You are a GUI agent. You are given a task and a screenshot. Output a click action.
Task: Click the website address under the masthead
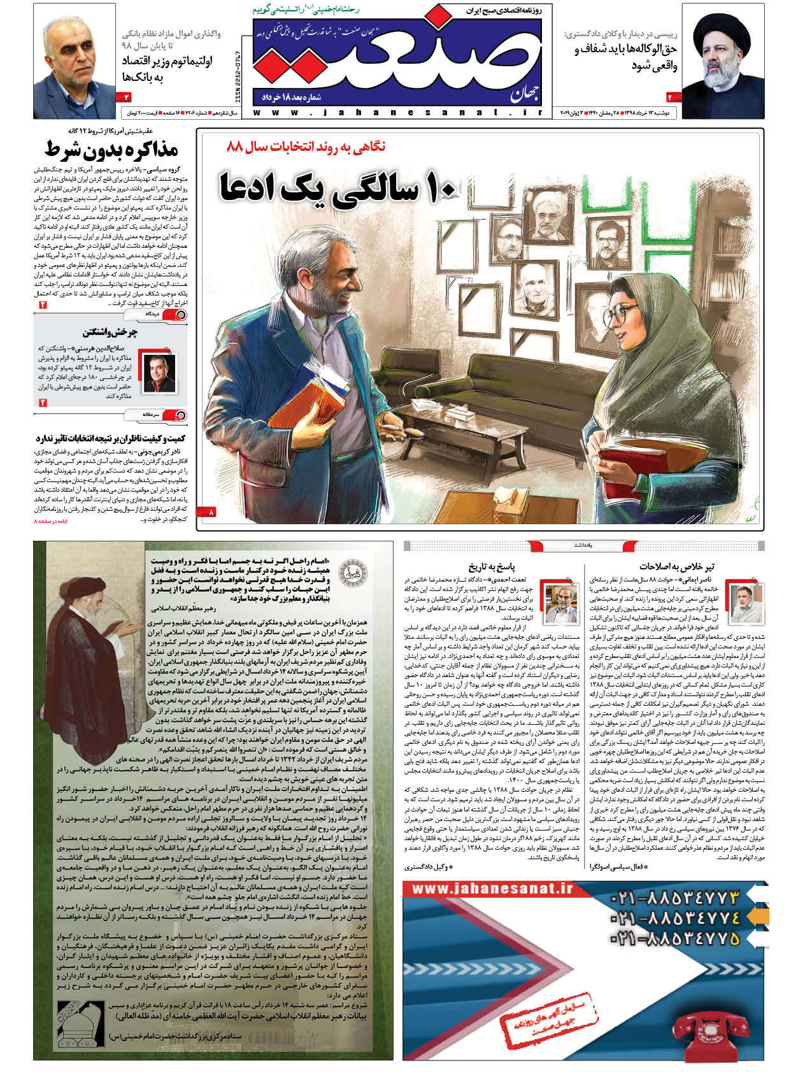[398, 113]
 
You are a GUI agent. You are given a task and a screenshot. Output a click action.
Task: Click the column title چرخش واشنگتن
[110, 332]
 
